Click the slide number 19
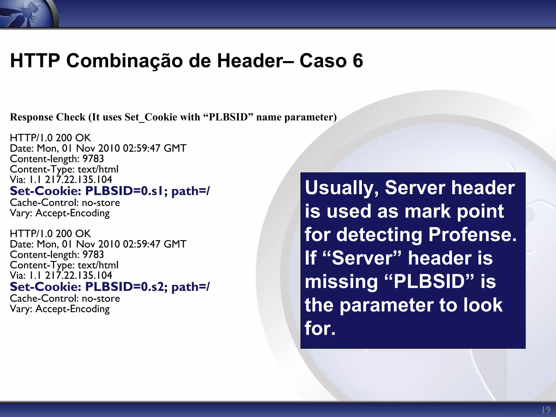pyautogui.click(x=546, y=410)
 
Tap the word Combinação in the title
pyautogui.click(x=125, y=61)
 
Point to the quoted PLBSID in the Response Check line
pyautogui.click(x=228, y=117)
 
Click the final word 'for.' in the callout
pyautogui.click(x=320, y=328)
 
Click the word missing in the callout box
pyautogui.click(x=341, y=282)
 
